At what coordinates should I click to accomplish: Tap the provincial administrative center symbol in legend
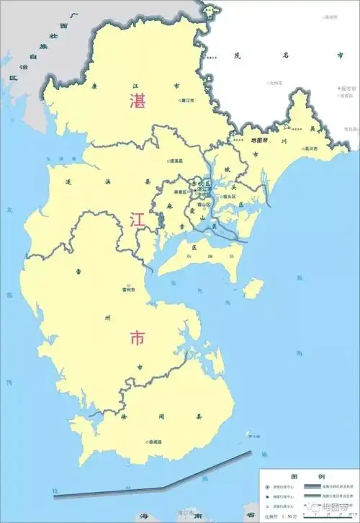pyautogui.click(x=268, y=487)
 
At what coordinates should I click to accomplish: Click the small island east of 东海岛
pyautogui.click(x=251, y=288)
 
